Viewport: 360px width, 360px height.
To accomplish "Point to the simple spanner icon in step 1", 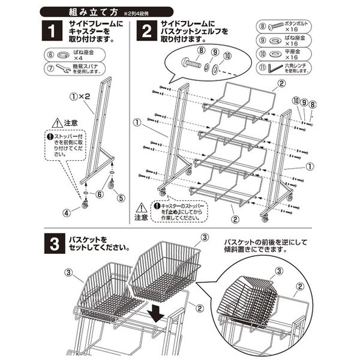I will pyautogui.click(x=59, y=68).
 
